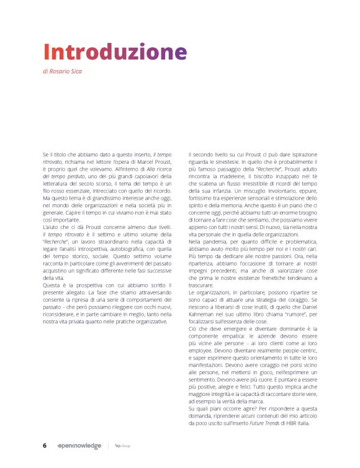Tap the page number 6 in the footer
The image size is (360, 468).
pyautogui.click(x=45, y=445)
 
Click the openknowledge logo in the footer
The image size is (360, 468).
pyautogui.click(x=78, y=445)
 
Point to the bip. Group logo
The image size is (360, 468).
pyautogui.click(x=122, y=445)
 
